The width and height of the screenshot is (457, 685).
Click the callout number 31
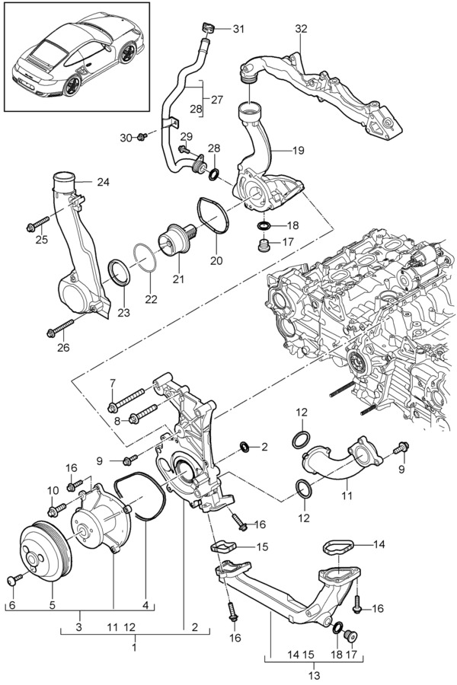(238, 29)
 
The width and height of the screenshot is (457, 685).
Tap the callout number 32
(301, 29)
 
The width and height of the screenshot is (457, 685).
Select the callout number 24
(103, 181)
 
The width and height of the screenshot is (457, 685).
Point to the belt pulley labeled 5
(43, 551)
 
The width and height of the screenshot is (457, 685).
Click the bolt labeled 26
(60, 328)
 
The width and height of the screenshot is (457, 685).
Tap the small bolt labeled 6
(15, 579)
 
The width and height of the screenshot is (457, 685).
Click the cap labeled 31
(208, 27)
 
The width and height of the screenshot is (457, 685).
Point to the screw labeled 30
(142, 137)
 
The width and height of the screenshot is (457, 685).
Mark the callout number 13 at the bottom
(314, 675)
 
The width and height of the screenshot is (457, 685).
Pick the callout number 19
(298, 150)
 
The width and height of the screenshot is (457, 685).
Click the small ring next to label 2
(243, 446)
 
